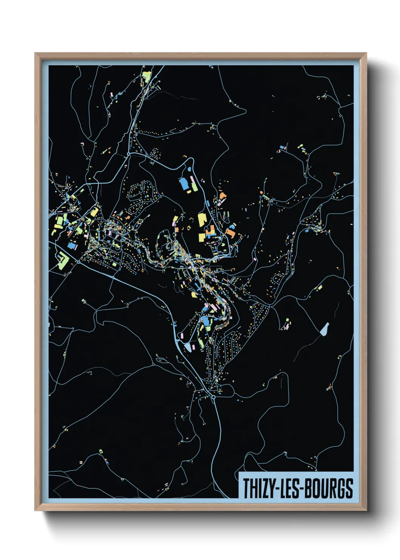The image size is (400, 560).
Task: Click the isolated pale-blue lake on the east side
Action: pos(324,329)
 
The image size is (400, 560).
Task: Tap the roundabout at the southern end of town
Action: pos(213,397)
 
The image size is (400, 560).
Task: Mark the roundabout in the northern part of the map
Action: pos(129,154)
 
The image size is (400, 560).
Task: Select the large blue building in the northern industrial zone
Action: pos(184,184)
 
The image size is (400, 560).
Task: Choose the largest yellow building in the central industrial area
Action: pos(202,219)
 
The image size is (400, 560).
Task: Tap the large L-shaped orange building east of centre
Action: pos(230,233)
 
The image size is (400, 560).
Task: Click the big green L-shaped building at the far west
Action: pos(62,260)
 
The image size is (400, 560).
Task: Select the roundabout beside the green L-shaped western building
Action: pos(78,261)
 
